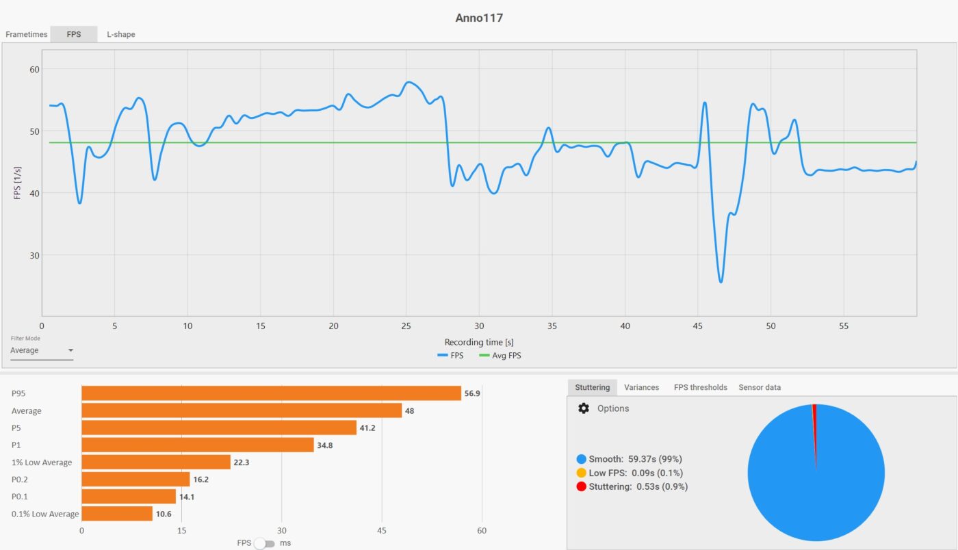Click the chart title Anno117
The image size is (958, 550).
pos(479,18)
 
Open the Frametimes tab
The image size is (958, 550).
pos(27,34)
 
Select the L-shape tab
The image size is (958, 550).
pos(121,34)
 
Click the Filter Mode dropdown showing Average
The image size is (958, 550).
pos(42,351)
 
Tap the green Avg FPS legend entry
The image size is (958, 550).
pos(500,356)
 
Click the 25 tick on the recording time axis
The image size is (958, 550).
pos(406,326)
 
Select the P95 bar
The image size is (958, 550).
pos(271,393)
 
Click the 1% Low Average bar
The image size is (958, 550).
pos(156,462)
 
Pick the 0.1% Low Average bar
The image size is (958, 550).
pos(117,514)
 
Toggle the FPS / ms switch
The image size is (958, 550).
pos(264,543)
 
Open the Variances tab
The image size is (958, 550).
pos(641,387)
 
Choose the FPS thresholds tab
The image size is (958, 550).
pos(700,387)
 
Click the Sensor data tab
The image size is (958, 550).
pos(760,387)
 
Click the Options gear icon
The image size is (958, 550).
pos(584,408)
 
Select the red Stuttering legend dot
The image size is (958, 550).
pos(582,486)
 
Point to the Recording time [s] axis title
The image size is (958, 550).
pos(479,342)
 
